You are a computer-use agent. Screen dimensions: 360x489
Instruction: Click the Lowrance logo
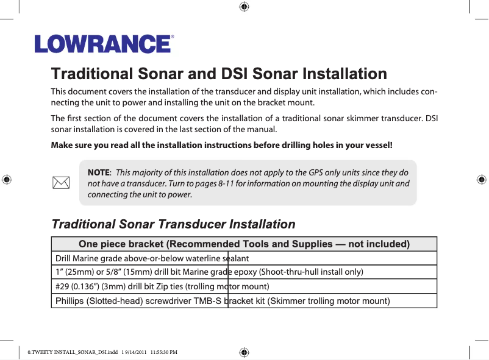point(104,44)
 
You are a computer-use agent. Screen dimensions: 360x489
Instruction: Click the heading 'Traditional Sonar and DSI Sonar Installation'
point(219,74)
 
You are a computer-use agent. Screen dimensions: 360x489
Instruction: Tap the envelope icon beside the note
point(60,182)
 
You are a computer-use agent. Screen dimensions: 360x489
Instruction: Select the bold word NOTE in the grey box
point(99,172)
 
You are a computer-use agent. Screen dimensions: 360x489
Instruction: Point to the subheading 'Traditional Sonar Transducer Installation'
point(173,224)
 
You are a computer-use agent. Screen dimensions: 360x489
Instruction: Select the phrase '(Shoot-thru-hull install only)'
point(312,272)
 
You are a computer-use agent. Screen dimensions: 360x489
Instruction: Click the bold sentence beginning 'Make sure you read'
point(222,146)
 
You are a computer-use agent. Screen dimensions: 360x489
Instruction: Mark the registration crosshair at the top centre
point(243,7)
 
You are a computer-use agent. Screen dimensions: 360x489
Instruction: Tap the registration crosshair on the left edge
point(7,180)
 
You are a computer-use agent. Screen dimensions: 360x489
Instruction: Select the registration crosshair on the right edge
point(480,180)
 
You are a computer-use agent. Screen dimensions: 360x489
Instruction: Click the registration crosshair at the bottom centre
point(243,352)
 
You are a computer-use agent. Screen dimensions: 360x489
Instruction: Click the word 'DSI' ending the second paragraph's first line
point(431,118)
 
